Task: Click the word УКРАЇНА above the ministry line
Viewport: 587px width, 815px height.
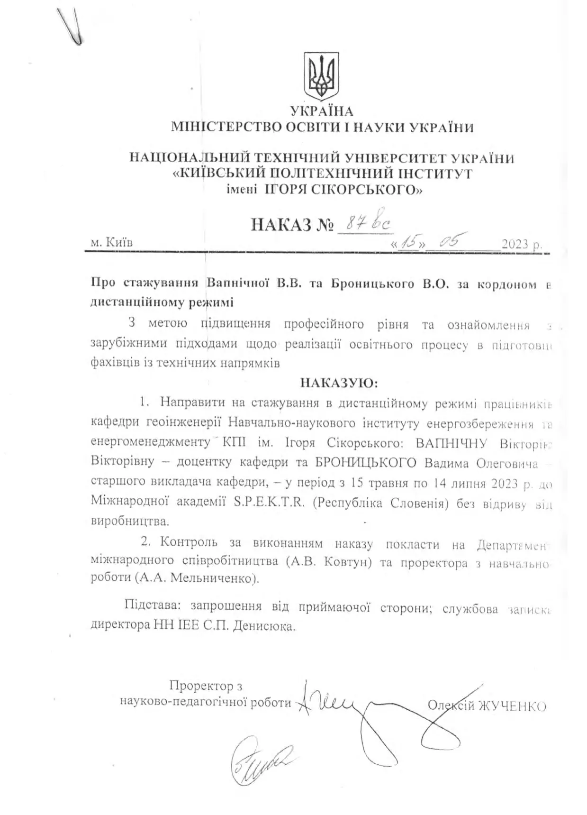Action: (x=322, y=111)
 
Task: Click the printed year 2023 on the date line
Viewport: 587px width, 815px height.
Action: (x=515, y=245)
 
